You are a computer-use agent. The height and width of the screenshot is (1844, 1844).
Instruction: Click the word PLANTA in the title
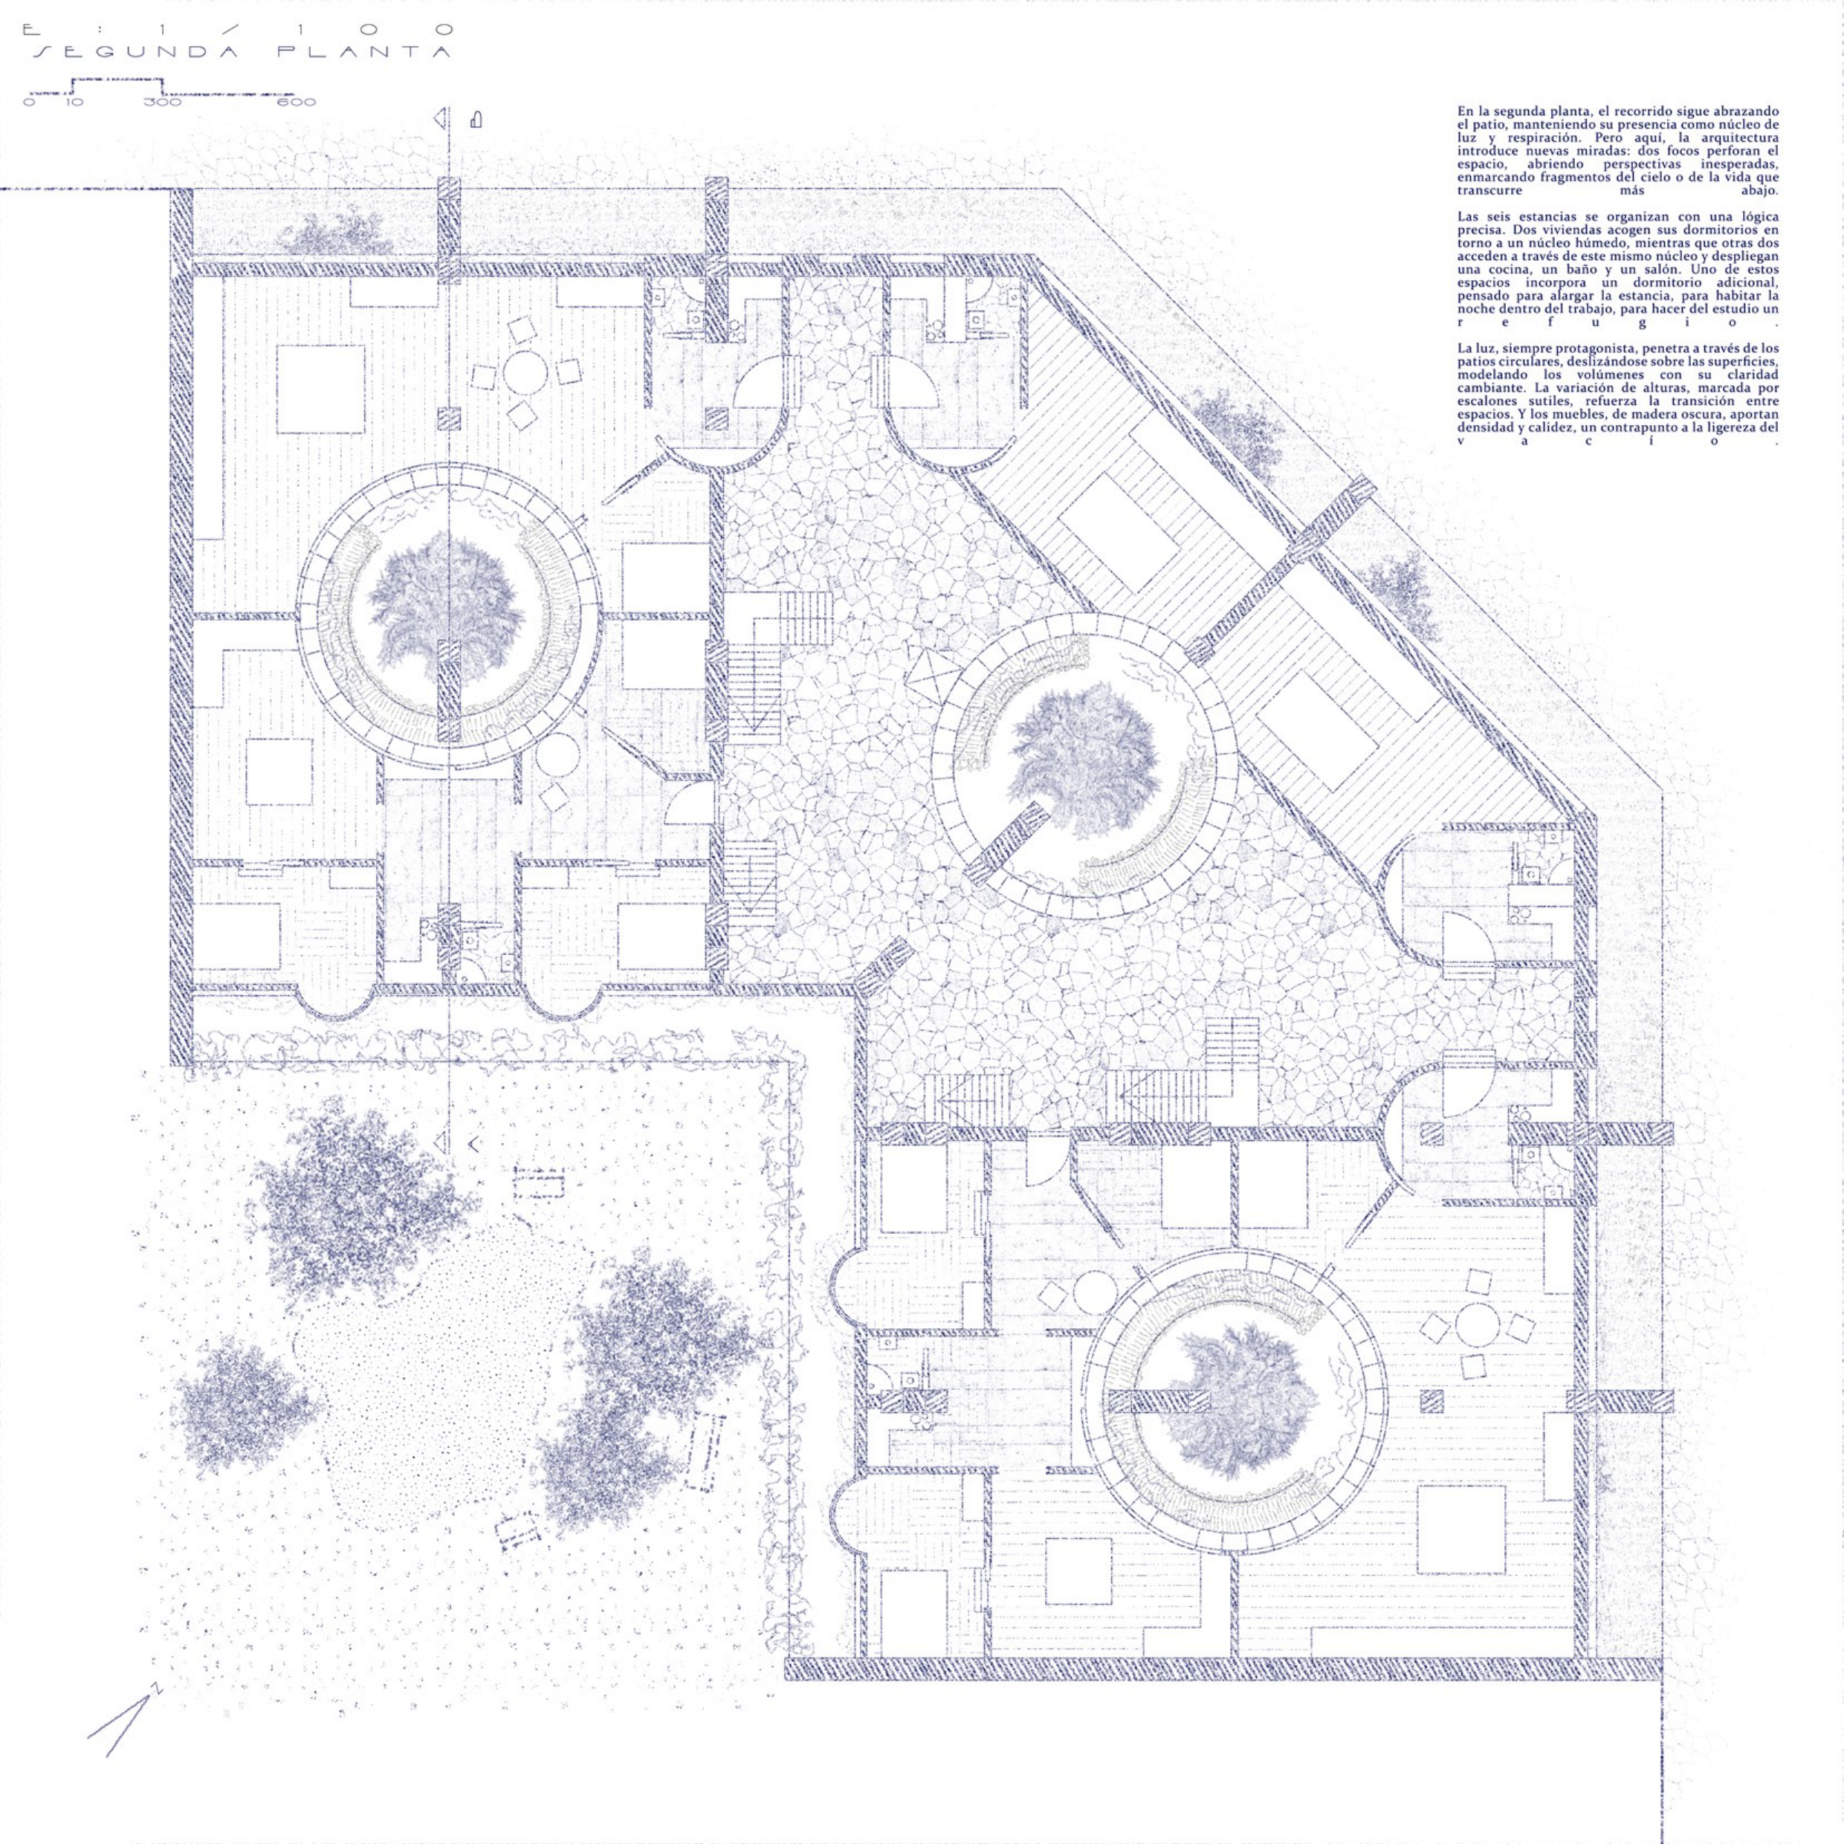pyautogui.click(x=363, y=53)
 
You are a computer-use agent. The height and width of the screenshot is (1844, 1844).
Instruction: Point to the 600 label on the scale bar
pyautogui.click(x=297, y=102)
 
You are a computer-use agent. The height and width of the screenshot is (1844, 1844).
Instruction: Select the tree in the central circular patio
pyautogui.click(x=1087, y=748)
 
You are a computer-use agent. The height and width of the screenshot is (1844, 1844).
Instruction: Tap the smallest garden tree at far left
pyautogui.click(x=242, y=1403)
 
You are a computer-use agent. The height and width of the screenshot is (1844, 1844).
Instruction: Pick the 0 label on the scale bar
pyautogui.click(x=29, y=102)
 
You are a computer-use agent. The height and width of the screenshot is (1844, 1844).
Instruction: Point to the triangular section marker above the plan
pyautogui.click(x=440, y=120)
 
